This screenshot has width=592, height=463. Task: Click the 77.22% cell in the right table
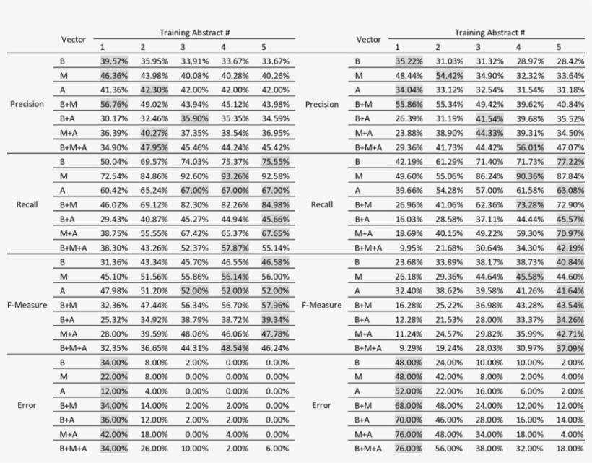pos(570,161)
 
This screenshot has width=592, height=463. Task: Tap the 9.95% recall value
pos(409,248)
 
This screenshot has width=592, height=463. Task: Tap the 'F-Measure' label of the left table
pos(27,305)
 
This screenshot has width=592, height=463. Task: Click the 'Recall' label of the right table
pos(321,204)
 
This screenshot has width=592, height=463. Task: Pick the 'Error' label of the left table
pos(27,405)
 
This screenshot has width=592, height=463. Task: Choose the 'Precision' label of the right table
pos(321,104)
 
